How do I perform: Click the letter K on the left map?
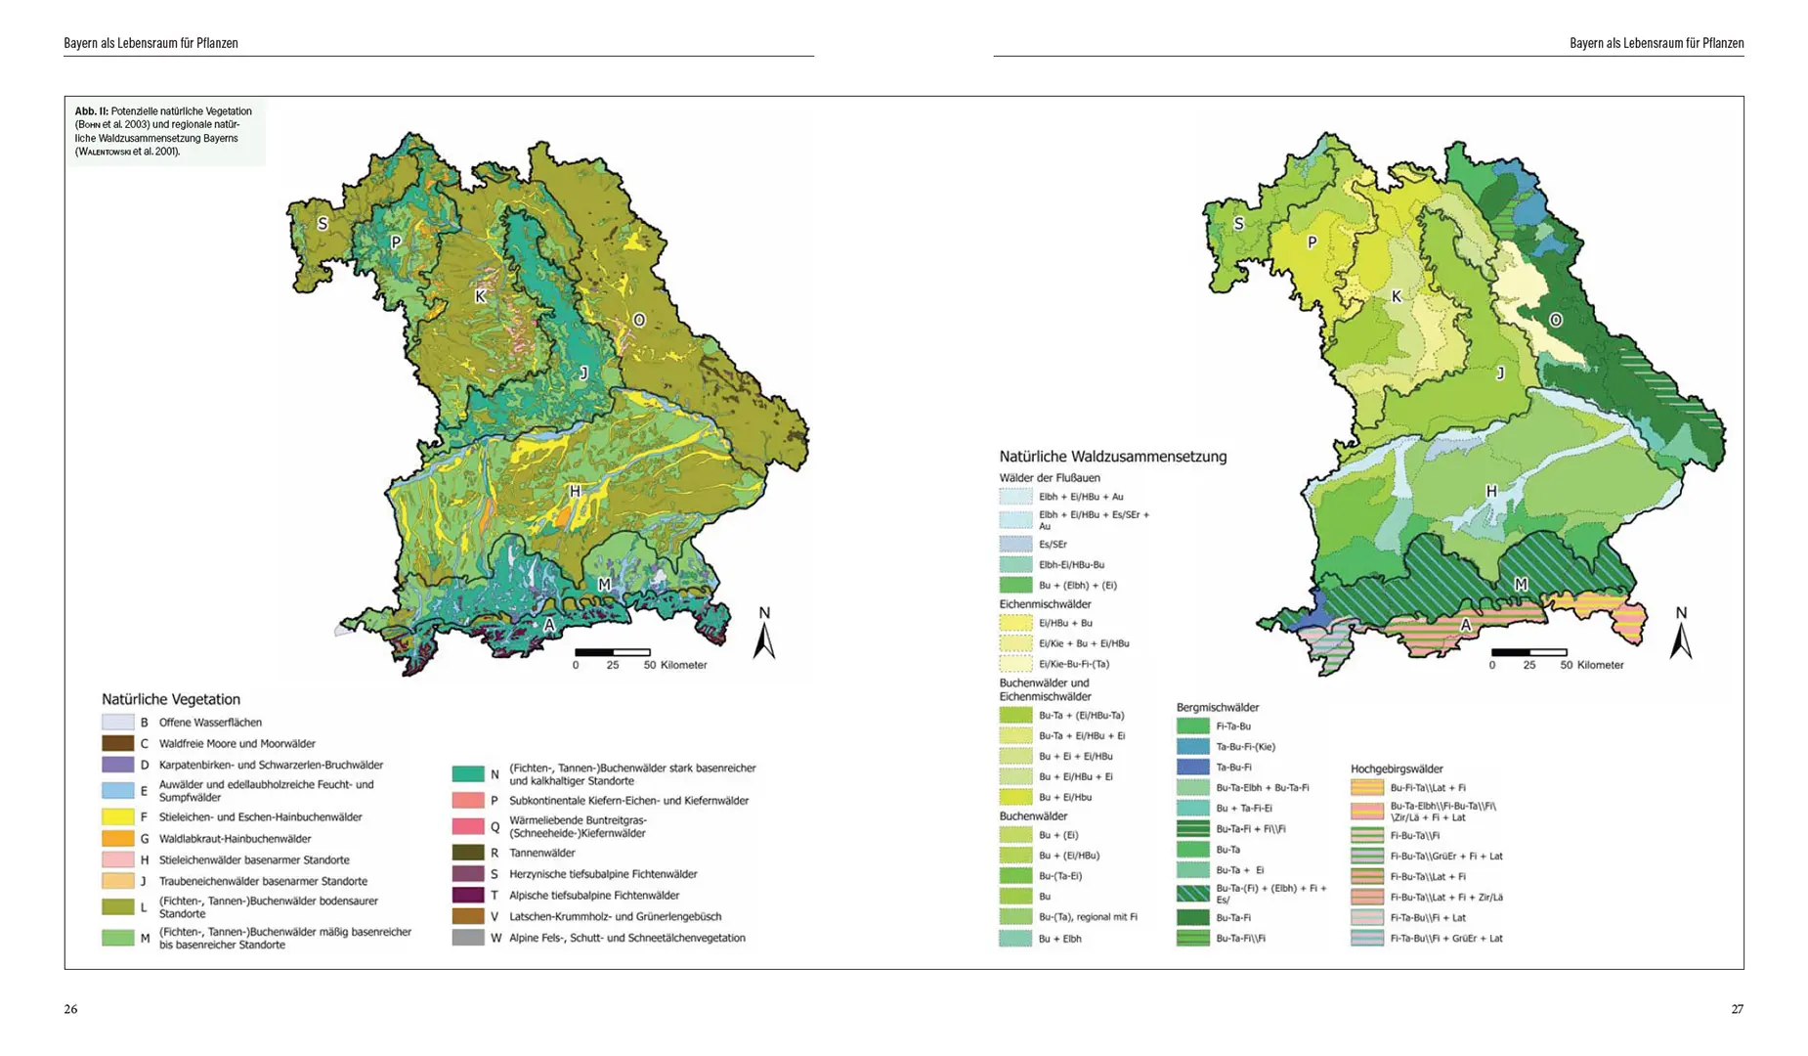coord(480,296)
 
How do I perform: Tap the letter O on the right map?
coord(1555,320)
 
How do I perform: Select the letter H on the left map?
coord(575,492)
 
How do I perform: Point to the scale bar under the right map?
coord(1528,652)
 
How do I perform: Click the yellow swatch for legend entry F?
coord(117,816)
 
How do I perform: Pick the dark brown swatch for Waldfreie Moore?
coord(117,743)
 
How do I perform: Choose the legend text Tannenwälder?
coord(541,853)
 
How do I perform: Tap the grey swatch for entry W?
coord(468,938)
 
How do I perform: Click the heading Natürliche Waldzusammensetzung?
coord(1112,457)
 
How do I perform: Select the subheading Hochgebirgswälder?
coord(1397,769)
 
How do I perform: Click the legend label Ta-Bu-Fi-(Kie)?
coord(1245,747)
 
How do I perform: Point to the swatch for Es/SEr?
coord(1015,544)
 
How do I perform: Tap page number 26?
coord(70,1009)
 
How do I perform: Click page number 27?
coord(1737,1009)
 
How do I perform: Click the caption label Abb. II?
coord(92,111)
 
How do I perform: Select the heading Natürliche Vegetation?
coord(171,699)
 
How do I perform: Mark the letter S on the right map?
coord(1238,224)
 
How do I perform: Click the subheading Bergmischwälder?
coord(1218,707)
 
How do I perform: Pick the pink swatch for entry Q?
coord(468,826)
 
